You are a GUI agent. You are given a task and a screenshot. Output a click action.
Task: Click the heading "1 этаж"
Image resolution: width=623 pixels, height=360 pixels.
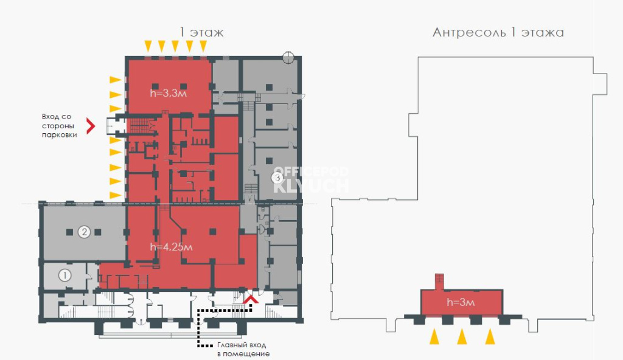tap(201, 32)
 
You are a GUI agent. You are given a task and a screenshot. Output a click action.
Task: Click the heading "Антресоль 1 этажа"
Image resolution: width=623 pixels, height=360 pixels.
tap(498, 32)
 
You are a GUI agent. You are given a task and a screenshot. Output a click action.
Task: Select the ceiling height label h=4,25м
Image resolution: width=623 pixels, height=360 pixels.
tap(172, 247)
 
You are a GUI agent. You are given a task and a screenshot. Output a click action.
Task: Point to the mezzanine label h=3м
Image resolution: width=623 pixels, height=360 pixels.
tap(460, 302)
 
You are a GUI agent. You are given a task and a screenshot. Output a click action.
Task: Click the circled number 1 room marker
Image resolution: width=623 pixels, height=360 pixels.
tap(65, 275)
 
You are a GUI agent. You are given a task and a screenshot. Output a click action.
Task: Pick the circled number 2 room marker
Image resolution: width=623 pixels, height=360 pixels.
tap(84, 232)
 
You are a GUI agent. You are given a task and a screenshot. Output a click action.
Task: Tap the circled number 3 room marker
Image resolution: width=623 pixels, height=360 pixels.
tap(277, 178)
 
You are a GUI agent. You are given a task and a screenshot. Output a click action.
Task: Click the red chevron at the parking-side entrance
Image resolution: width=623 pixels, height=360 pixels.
tap(91, 125)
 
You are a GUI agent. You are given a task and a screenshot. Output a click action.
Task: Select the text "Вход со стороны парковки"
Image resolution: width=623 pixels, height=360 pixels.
tap(60, 125)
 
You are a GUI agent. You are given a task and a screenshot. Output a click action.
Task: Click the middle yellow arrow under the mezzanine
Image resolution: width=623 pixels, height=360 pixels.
tap(462, 336)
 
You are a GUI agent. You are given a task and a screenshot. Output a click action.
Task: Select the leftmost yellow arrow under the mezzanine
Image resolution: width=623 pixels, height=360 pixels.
tap(434, 336)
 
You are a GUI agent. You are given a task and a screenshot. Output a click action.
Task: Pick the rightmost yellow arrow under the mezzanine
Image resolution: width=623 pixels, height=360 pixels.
tap(490, 336)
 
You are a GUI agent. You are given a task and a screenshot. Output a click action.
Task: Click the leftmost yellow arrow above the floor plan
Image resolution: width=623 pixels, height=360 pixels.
tap(148, 46)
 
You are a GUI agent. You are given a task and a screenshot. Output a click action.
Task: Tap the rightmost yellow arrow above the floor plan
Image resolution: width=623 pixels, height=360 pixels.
tap(203, 46)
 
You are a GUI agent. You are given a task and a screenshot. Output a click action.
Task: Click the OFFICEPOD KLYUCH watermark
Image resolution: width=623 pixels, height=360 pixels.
tap(310, 179)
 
